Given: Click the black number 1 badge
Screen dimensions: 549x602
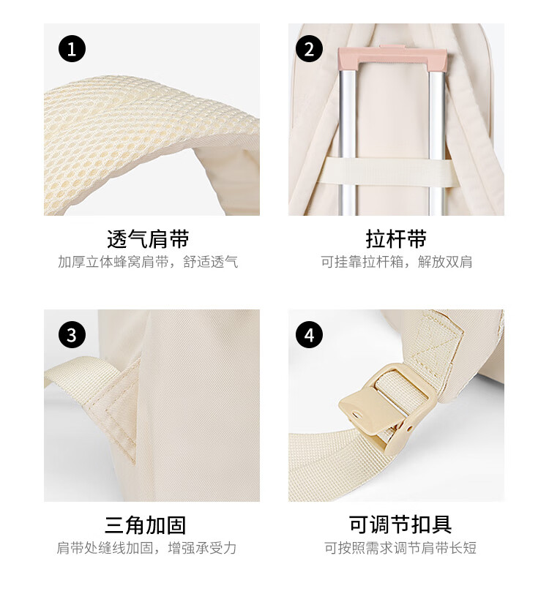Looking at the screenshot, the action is coord(72,49).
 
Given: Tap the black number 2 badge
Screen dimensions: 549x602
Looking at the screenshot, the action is coord(309,49).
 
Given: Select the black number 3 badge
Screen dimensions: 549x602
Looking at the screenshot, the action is coord(72,335).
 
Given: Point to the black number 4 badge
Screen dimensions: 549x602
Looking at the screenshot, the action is coord(309,335).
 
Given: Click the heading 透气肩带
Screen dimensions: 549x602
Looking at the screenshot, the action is coord(148,238).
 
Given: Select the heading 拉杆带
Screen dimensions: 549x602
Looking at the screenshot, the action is coord(396,238).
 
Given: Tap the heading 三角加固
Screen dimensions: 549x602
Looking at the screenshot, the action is coord(145,525).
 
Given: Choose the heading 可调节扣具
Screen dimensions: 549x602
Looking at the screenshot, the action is coord(400,524).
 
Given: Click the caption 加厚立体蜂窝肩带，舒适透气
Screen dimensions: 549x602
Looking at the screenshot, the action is coord(148,262).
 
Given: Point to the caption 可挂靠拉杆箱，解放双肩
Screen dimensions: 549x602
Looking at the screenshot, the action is coord(397,262).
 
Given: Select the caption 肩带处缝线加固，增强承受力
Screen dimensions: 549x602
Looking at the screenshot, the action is coord(146,548).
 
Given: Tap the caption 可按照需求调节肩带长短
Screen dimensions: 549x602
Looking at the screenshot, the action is coord(400,548).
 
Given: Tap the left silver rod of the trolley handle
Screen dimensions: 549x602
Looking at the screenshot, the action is coord(348,143).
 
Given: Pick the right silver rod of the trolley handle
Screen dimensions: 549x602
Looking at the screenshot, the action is coord(437,143).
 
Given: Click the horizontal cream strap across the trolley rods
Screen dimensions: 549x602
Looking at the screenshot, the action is coord(386,173).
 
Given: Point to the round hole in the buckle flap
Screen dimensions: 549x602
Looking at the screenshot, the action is coord(358,415).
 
